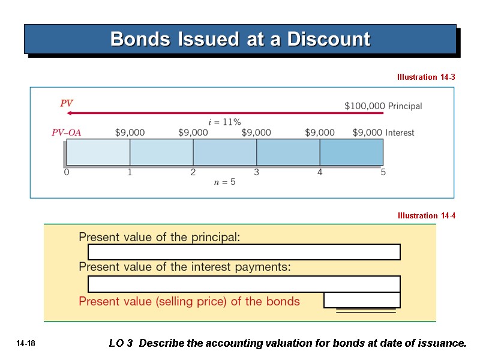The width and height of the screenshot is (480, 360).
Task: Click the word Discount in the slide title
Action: coord(329,40)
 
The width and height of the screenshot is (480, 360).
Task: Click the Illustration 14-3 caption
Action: coord(425,77)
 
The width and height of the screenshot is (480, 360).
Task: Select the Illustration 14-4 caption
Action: coord(425,216)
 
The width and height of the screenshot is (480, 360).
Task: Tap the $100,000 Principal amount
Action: coord(365,106)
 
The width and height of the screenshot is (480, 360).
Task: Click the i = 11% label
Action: coord(224,122)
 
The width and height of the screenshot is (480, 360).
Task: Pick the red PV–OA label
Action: coord(66,133)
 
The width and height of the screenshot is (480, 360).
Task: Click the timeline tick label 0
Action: coord(67,173)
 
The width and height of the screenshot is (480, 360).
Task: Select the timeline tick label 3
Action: coord(256,173)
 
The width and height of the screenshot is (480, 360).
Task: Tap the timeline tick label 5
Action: coord(383,173)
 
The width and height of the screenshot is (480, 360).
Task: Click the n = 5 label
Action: coord(225,182)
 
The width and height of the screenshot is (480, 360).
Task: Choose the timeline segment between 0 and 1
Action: coord(98,152)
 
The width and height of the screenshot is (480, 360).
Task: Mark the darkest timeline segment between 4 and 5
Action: coord(351,152)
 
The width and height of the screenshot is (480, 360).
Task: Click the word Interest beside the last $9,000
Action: coord(400,133)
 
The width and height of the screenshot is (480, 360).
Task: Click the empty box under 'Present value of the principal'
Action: coord(244,252)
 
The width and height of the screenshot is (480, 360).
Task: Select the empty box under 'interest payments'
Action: coord(244,284)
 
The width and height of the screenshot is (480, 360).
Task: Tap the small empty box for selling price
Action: coord(362,300)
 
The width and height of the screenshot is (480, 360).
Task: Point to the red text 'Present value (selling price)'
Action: coord(189,301)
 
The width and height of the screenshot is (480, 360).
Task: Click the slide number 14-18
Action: coord(26,344)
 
